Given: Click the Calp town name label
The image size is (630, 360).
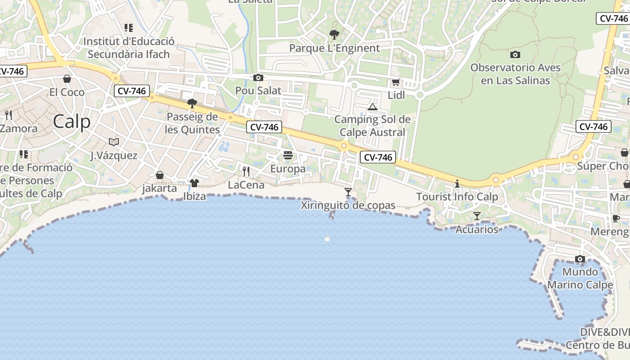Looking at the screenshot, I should (x=72, y=121).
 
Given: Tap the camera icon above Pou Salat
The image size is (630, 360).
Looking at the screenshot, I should (x=258, y=77).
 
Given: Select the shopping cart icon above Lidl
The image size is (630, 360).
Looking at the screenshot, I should (x=396, y=82).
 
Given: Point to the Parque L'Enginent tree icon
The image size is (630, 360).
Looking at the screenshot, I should (x=334, y=34).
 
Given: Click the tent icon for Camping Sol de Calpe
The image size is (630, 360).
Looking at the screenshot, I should (x=372, y=107).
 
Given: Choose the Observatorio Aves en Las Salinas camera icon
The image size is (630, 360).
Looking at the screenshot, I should (x=515, y=55).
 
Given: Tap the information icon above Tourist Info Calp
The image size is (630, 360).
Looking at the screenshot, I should (x=457, y=184).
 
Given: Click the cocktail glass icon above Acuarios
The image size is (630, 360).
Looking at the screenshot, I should (x=477, y=216).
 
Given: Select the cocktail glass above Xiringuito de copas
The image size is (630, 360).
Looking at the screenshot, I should (x=348, y=192).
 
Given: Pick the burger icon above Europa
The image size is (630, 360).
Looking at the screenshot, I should (x=288, y=156).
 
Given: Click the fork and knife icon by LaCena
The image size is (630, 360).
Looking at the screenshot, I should (x=246, y=171).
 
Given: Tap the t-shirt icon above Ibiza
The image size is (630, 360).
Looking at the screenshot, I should (x=194, y=183).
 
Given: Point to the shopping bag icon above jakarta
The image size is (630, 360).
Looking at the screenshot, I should (x=160, y=175).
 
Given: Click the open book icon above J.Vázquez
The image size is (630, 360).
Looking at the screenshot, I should (x=114, y=142).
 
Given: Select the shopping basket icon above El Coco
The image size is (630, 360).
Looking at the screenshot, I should (x=67, y=79).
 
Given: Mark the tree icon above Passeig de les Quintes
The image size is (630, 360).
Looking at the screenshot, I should (x=192, y=103).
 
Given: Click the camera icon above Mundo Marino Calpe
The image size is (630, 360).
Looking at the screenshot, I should (x=580, y=259).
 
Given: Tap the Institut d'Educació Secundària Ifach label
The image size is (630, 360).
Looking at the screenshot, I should (x=129, y=48).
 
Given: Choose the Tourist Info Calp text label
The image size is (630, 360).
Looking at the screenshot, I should (x=457, y=197).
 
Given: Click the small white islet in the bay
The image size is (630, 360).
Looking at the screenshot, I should (x=327, y=239).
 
